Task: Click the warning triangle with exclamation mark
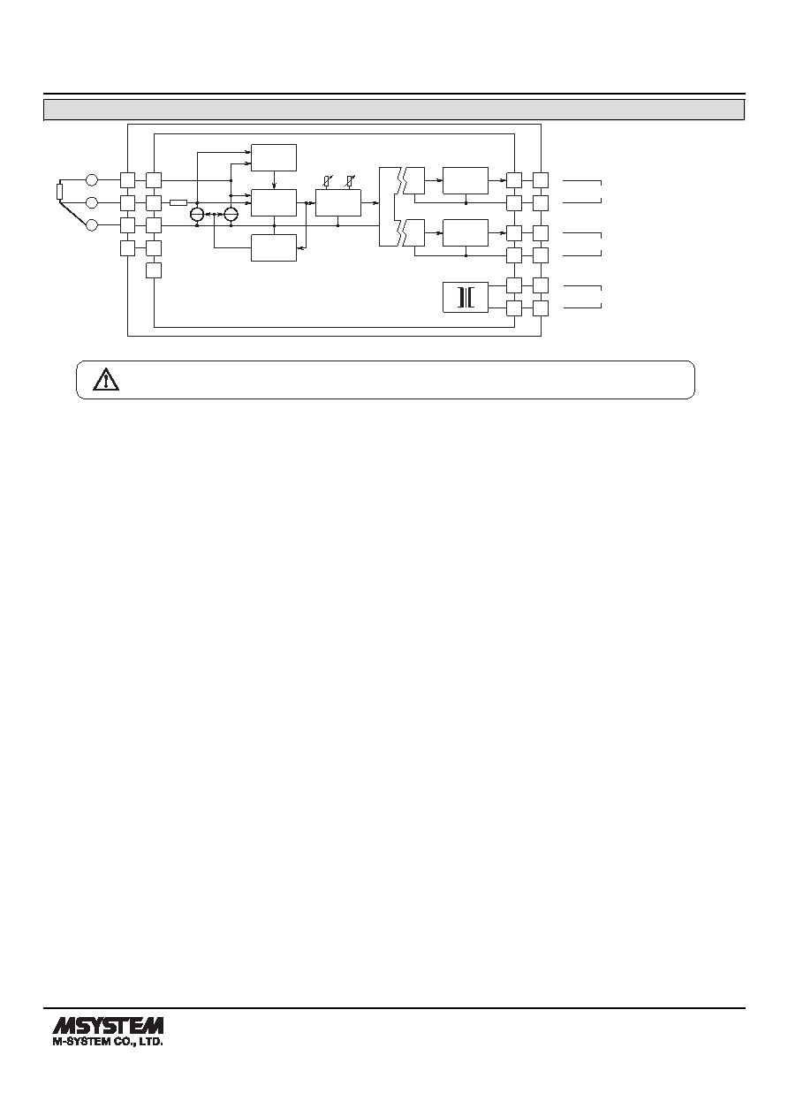pyautogui.click(x=106, y=380)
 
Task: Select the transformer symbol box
pyautogui.click(x=466, y=298)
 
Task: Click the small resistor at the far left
pyautogui.click(x=60, y=192)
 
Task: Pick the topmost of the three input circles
pyautogui.click(x=92, y=180)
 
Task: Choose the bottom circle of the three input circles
pyautogui.click(x=92, y=225)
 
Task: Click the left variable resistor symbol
pyautogui.click(x=327, y=181)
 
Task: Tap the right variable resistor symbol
pyautogui.click(x=350, y=181)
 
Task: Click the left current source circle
pyautogui.click(x=197, y=214)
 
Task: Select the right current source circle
pyautogui.click(x=231, y=214)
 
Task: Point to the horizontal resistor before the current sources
pyautogui.click(x=178, y=202)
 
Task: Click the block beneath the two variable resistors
pyautogui.click(x=338, y=202)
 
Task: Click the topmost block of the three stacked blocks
pyautogui.click(x=274, y=157)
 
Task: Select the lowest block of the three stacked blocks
pyautogui.click(x=274, y=247)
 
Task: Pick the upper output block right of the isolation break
pyautogui.click(x=466, y=180)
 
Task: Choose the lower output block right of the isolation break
pyautogui.click(x=466, y=232)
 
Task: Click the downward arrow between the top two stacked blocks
pyautogui.click(x=274, y=180)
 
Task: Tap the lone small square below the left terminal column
pyautogui.click(x=154, y=270)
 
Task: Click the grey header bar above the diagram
pyautogui.click(x=394, y=110)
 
